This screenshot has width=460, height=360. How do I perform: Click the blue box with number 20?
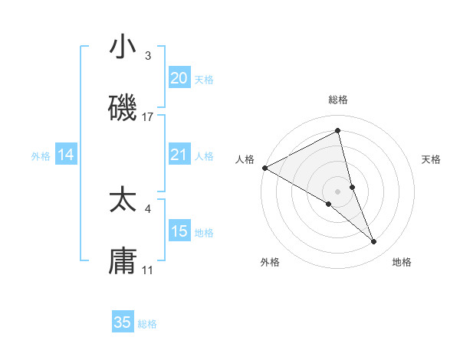tap(179, 78)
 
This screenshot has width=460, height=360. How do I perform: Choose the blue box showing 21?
tap(179, 155)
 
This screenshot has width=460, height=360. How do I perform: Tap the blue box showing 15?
tap(179, 231)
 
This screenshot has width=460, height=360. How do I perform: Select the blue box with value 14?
tap(66, 155)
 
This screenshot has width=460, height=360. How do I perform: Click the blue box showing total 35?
tap(123, 322)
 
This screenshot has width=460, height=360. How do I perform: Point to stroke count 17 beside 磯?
tap(148, 116)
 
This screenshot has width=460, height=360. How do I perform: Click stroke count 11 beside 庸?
tap(148, 270)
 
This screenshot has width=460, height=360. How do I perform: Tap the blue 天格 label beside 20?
tap(204, 79)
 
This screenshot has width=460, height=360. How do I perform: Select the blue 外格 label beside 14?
tap(41, 155)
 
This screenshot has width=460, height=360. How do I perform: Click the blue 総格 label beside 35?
tap(147, 324)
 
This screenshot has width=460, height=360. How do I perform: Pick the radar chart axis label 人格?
tap(245, 159)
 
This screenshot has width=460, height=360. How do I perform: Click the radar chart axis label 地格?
tap(402, 262)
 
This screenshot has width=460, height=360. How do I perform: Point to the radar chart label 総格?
tap(338, 100)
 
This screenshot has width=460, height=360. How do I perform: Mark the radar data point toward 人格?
tap(264, 168)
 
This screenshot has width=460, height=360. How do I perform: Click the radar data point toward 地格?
tap(374, 242)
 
